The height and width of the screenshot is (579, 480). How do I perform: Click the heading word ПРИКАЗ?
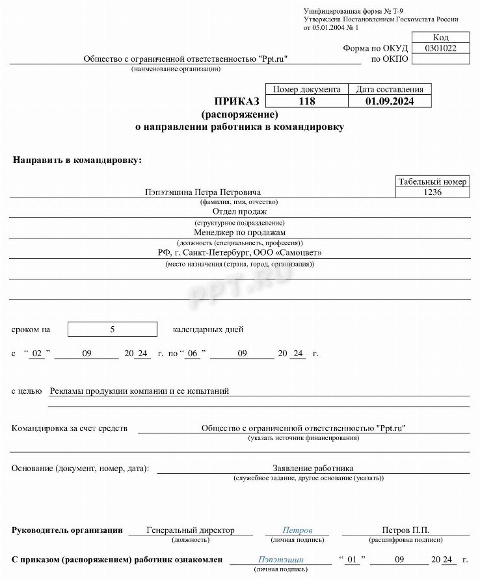tap(237, 101)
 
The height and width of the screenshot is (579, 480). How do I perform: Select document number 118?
tap(306, 101)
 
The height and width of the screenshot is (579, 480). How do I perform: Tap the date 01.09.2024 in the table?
tap(390, 101)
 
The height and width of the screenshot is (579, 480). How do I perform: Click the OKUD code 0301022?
tap(440, 48)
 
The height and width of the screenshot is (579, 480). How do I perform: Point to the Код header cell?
tap(440, 38)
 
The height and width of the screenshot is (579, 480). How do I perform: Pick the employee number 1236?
tap(433, 192)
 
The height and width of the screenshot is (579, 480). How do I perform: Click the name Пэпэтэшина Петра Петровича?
tap(203, 192)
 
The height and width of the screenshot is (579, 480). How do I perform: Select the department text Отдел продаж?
tap(239, 211)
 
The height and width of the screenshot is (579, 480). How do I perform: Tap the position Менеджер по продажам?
tap(239, 232)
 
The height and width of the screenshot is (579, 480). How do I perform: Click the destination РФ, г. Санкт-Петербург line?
tap(239, 253)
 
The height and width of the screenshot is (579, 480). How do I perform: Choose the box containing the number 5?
tap(113, 329)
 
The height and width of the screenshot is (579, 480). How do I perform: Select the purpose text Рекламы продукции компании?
tap(139, 391)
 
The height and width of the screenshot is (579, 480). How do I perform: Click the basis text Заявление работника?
tap(313, 468)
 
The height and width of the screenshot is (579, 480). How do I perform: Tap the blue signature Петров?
tap(297, 530)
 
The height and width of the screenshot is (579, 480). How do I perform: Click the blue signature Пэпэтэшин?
tap(281, 559)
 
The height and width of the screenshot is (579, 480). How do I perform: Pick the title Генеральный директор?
tap(191, 530)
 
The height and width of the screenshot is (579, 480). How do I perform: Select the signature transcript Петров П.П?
tap(405, 530)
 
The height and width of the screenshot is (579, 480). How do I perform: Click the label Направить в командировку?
tap(77, 160)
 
